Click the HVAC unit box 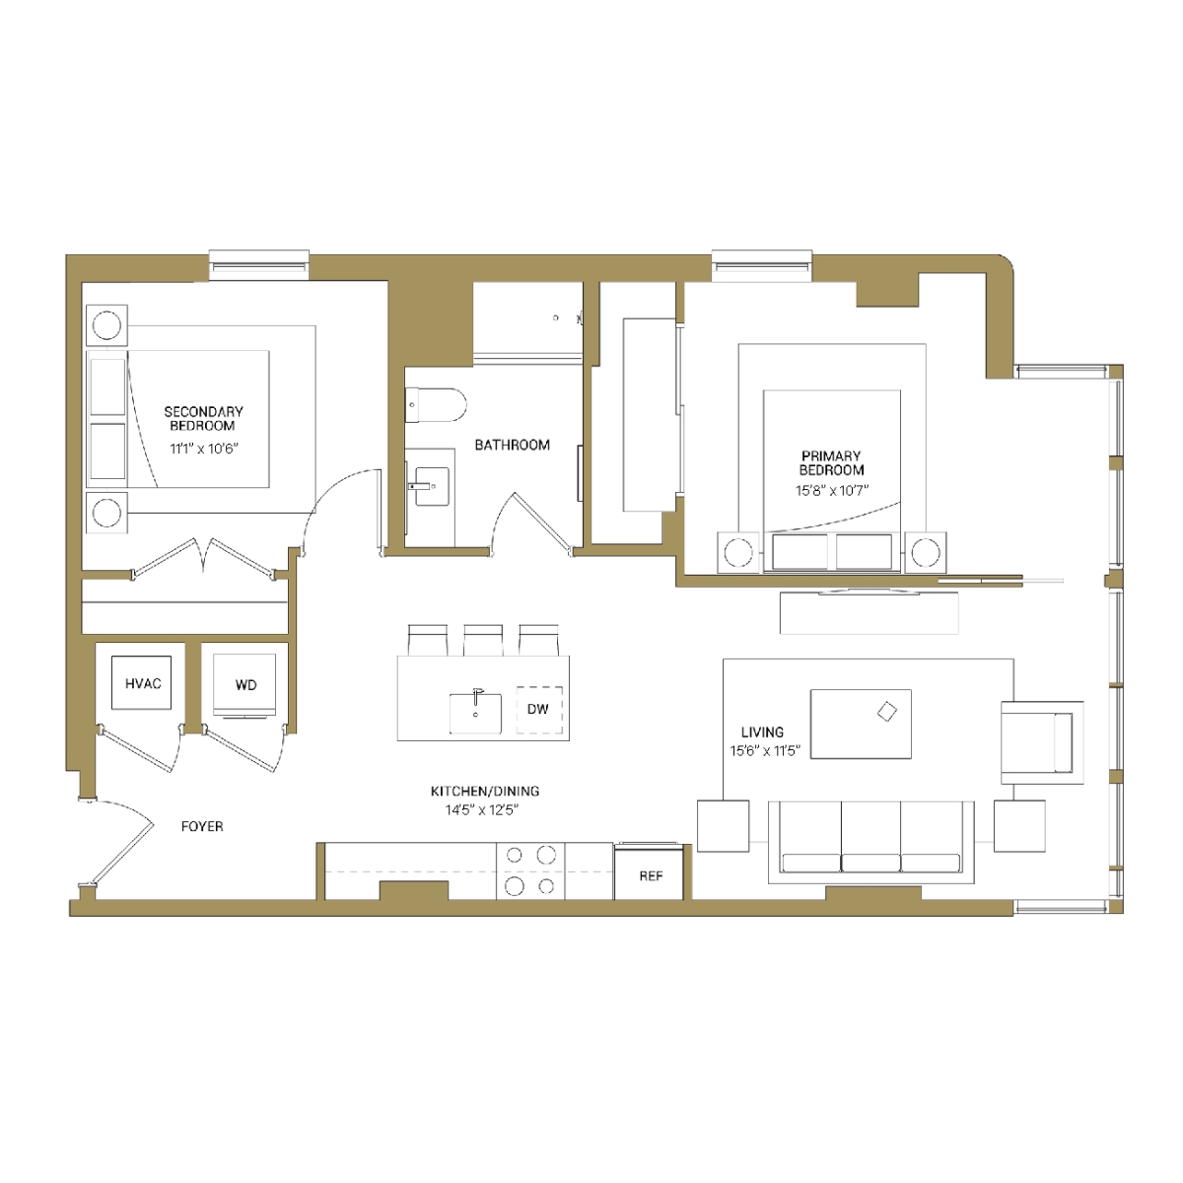click(141, 682)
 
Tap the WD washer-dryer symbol click(244, 685)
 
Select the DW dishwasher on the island click(539, 709)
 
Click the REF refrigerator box click(649, 874)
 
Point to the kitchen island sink click(475, 714)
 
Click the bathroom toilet click(436, 405)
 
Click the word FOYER click(202, 826)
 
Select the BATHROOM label click(512, 445)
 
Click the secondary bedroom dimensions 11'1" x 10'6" click(204, 449)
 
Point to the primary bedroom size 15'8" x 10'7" click(832, 491)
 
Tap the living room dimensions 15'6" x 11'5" click(765, 750)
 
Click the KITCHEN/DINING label click(485, 791)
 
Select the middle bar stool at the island click(483, 641)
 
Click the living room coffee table click(861, 724)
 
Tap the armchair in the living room click(1042, 742)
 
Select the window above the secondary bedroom click(258, 264)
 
